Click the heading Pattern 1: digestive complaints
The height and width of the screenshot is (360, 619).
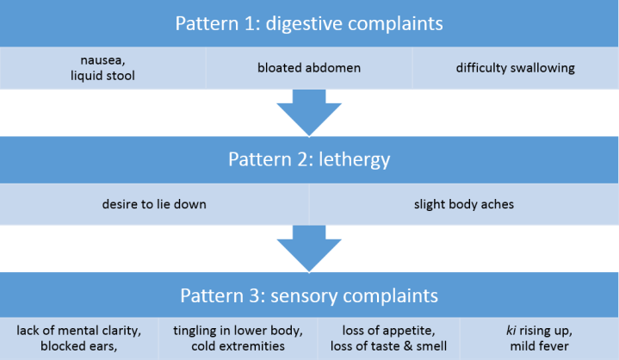(x=309, y=22)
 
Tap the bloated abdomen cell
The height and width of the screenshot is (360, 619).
(x=309, y=68)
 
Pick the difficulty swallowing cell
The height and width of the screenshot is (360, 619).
(x=515, y=68)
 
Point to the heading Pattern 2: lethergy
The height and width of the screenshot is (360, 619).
(x=309, y=159)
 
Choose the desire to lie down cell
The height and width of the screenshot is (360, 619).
(x=154, y=204)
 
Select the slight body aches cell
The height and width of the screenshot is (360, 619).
(x=463, y=204)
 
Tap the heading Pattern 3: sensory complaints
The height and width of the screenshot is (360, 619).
(x=309, y=295)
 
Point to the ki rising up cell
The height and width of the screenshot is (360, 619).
(x=540, y=338)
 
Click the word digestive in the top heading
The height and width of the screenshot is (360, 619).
(x=305, y=22)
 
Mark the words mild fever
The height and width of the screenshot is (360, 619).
(x=540, y=347)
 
